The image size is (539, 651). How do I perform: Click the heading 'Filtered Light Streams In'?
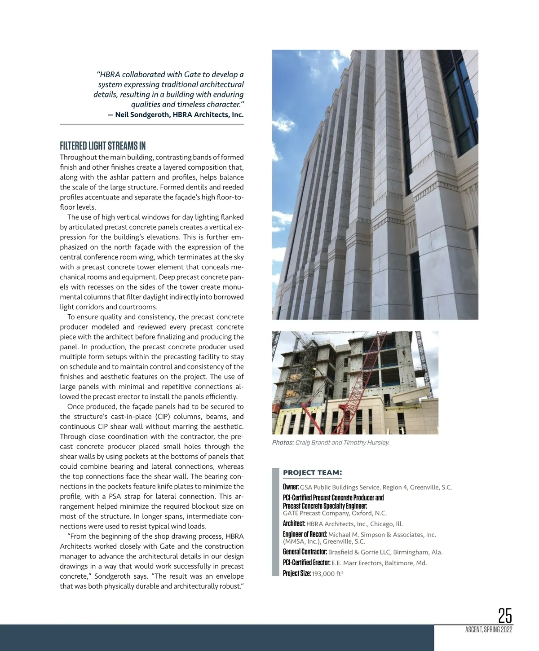point(103,146)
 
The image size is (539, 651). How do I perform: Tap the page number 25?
point(505,615)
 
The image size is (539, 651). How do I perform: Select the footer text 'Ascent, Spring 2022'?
point(489,630)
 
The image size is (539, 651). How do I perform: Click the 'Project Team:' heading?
point(313,473)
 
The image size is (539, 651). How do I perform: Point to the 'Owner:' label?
point(291,487)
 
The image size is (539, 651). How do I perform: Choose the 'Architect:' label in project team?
point(294,523)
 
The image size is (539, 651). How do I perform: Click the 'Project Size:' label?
point(297,573)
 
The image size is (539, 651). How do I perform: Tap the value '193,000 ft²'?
point(328,574)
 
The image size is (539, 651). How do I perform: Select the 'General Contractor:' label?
point(305,552)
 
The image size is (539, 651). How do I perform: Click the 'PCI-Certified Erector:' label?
point(307,563)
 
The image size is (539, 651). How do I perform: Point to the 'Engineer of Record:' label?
point(305,534)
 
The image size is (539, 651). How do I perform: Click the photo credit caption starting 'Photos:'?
point(331,443)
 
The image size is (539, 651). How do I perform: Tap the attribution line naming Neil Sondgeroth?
point(176,114)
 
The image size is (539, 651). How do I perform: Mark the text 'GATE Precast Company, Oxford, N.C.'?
point(335,513)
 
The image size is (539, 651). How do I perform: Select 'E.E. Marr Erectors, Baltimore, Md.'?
point(382,563)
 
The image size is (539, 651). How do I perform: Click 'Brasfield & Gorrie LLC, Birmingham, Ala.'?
point(385,552)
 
